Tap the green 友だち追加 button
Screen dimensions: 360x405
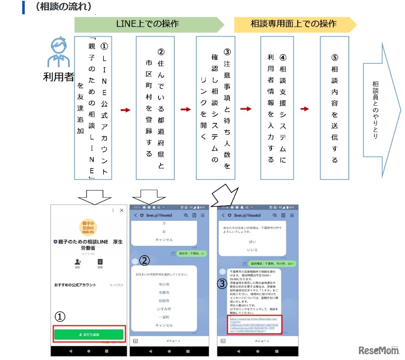coord(88,334)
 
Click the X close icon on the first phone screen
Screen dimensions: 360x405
coord(122,210)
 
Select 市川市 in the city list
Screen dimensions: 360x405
coord(164,284)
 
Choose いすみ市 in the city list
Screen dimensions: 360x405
coord(164,309)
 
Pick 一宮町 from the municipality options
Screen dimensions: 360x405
coord(164,317)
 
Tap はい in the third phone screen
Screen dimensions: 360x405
coord(252,242)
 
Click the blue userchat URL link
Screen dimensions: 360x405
coord(252,325)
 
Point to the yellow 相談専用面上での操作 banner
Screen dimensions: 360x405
coord(293,24)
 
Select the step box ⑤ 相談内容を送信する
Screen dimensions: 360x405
coord(335,108)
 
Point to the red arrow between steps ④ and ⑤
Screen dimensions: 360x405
coord(305,109)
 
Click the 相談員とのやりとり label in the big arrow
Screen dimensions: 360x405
coord(375,110)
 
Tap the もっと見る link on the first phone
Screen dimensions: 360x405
coord(117,285)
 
